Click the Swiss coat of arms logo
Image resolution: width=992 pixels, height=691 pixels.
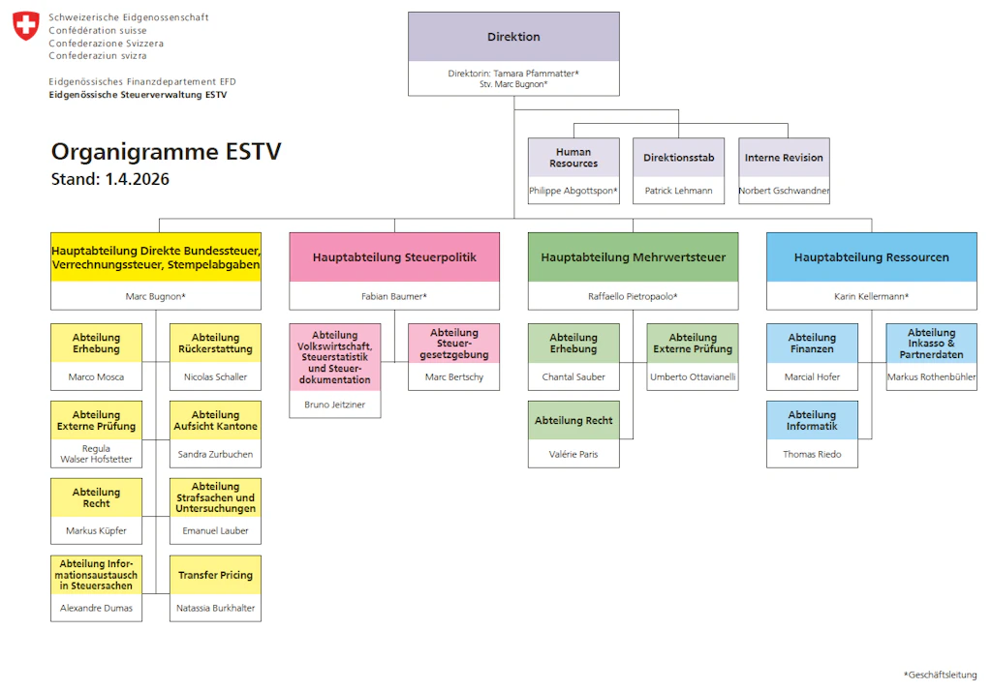tap(26, 26)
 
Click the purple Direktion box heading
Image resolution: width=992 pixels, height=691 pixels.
tap(513, 37)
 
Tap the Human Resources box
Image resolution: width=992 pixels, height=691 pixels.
tap(573, 158)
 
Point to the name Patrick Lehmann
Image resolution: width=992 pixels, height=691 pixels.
tap(678, 191)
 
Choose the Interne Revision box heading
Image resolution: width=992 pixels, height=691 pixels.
tap(784, 158)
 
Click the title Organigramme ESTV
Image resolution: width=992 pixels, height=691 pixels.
tap(166, 152)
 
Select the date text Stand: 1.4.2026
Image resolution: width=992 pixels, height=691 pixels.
tap(109, 179)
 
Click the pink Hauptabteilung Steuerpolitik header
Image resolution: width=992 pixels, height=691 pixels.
tap(394, 257)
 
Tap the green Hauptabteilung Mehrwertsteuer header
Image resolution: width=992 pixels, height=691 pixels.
tap(633, 257)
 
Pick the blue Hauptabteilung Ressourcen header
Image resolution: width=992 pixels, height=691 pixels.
tap(871, 257)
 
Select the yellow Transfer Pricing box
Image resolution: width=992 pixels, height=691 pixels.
tap(215, 575)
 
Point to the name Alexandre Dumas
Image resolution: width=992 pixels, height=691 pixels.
tap(96, 608)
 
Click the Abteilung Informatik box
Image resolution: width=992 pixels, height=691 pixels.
tap(812, 420)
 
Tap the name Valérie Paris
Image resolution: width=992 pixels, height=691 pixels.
tap(573, 454)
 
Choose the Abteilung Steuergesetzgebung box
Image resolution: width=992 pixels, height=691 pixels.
tap(453, 344)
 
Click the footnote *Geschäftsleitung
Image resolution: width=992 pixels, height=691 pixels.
tap(940, 675)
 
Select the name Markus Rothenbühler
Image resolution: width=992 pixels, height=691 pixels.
tap(931, 376)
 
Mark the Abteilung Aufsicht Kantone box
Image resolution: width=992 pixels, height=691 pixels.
tap(215, 420)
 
